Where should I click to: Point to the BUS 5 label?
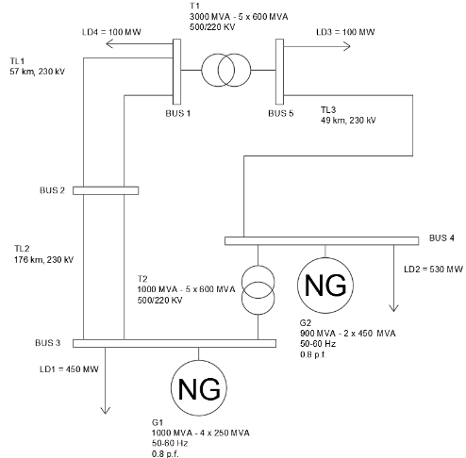coord(280,113)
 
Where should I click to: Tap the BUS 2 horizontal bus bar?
coord(103,190)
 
